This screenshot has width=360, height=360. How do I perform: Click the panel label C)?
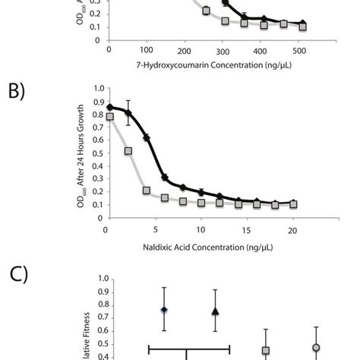coord(17,274)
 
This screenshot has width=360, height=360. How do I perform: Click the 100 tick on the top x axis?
coord(147,51)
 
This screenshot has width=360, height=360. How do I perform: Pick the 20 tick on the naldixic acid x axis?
coord(293,229)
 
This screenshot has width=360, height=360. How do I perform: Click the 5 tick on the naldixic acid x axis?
coord(154,229)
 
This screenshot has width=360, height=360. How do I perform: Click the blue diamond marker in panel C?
coord(164,310)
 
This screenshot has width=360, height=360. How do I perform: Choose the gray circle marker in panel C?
coord(316,347)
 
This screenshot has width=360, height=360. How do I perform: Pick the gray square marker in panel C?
coord(266,350)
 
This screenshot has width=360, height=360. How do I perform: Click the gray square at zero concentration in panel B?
coord(110,117)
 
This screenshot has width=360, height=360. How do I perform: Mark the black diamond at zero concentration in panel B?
coord(111,107)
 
